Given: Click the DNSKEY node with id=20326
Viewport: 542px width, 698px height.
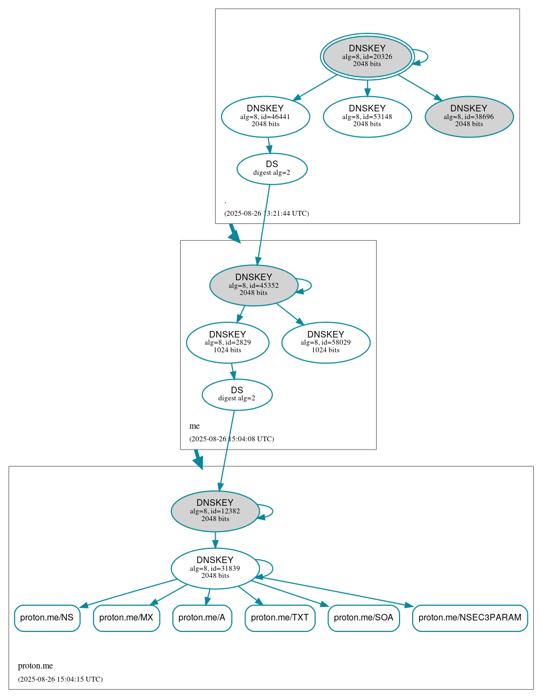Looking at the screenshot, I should pyautogui.click(x=367, y=56).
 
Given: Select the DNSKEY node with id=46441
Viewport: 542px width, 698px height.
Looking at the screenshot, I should pyautogui.click(x=265, y=116).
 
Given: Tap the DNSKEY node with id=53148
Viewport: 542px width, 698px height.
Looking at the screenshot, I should pyautogui.click(x=367, y=116).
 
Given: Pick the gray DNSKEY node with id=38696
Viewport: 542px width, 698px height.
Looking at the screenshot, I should pyautogui.click(x=469, y=116).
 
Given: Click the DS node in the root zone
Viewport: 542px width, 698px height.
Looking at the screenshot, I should pyautogui.click(x=272, y=169).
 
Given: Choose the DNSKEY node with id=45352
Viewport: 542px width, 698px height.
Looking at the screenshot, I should pyautogui.click(x=253, y=285).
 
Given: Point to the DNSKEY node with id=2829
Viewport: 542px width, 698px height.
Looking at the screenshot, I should pyautogui.click(x=227, y=342).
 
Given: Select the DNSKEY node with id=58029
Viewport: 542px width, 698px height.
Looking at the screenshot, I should pyautogui.click(x=325, y=342).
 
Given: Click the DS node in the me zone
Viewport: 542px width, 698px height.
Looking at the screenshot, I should pyautogui.click(x=237, y=394).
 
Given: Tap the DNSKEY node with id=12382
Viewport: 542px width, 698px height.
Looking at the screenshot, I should pyautogui.click(x=215, y=511).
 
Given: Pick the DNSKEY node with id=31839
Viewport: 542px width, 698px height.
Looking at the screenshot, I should pyautogui.click(x=215, y=569).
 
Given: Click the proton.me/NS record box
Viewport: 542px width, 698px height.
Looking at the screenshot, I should pyautogui.click(x=47, y=618).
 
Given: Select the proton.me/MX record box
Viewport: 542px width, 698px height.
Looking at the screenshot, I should pyautogui.click(x=126, y=618).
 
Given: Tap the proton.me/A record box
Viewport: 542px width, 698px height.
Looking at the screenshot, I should pyautogui.click(x=202, y=618).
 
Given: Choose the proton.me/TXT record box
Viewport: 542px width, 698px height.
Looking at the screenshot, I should pyautogui.click(x=280, y=618).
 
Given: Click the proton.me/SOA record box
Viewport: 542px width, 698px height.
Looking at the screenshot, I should pyautogui.click(x=364, y=618).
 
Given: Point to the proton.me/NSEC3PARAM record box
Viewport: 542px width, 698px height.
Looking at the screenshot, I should pyautogui.click(x=470, y=618).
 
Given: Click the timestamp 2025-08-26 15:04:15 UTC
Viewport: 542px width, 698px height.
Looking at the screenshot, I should pyautogui.click(x=60, y=679).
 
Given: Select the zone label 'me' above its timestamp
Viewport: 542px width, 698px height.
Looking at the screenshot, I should pyautogui.click(x=194, y=426).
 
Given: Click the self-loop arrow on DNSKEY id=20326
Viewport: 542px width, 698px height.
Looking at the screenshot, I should pyautogui.click(x=427, y=56).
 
